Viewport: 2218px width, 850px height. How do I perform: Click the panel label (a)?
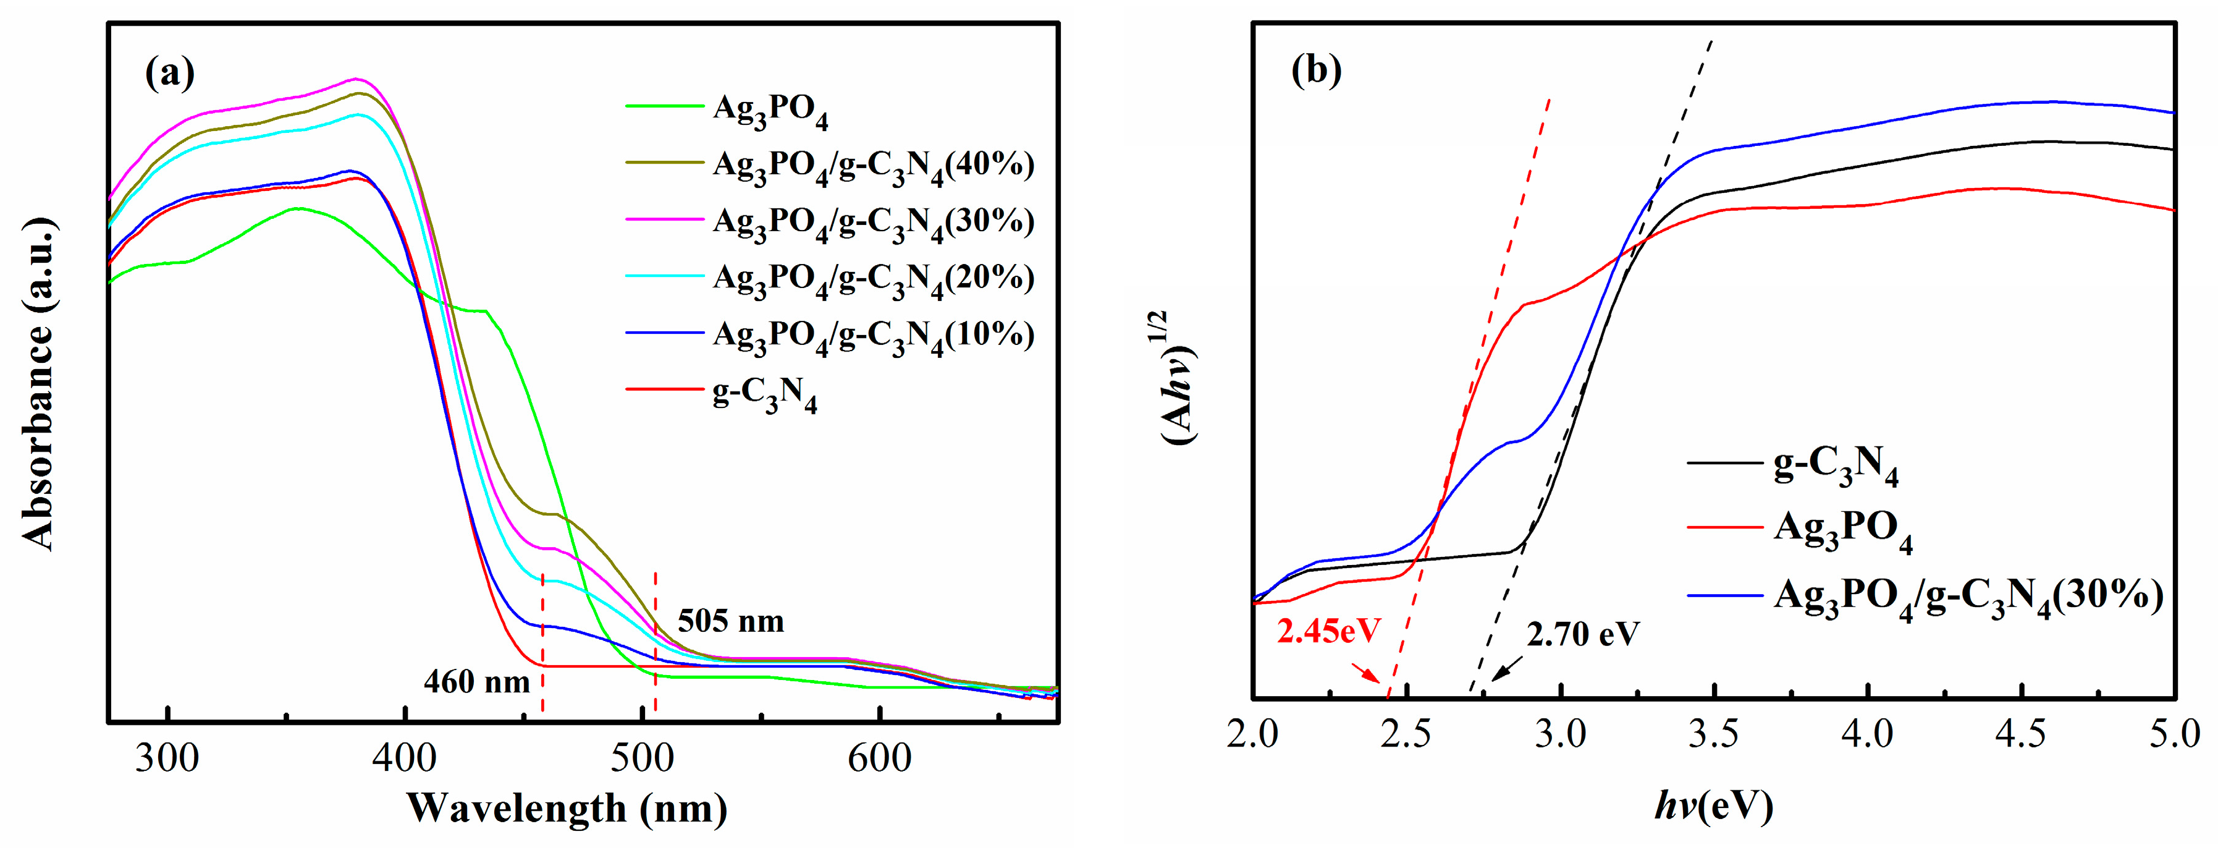point(171,73)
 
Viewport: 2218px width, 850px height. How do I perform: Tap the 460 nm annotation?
point(476,682)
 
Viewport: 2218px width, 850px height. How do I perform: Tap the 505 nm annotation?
point(730,621)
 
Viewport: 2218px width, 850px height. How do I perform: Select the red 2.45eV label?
point(1328,631)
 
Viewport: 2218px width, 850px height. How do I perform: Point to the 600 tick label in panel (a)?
point(879,759)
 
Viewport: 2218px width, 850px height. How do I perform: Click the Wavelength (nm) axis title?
point(567,809)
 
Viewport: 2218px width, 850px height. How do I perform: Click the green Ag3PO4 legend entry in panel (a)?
point(770,110)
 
